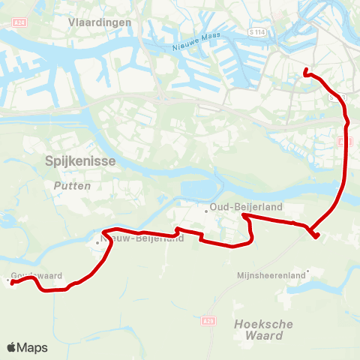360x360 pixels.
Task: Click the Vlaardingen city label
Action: [100, 22]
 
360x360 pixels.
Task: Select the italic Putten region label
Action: [73, 185]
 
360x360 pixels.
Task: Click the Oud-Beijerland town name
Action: [238, 209]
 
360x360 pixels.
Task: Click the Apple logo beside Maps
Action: [11, 348]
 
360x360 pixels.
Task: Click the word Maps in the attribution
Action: [32, 348]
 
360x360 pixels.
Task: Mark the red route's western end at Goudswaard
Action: [12, 283]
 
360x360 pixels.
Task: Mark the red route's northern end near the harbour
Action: [305, 72]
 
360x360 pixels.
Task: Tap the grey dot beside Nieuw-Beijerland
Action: [97, 241]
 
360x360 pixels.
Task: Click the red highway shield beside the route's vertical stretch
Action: [343, 141]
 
